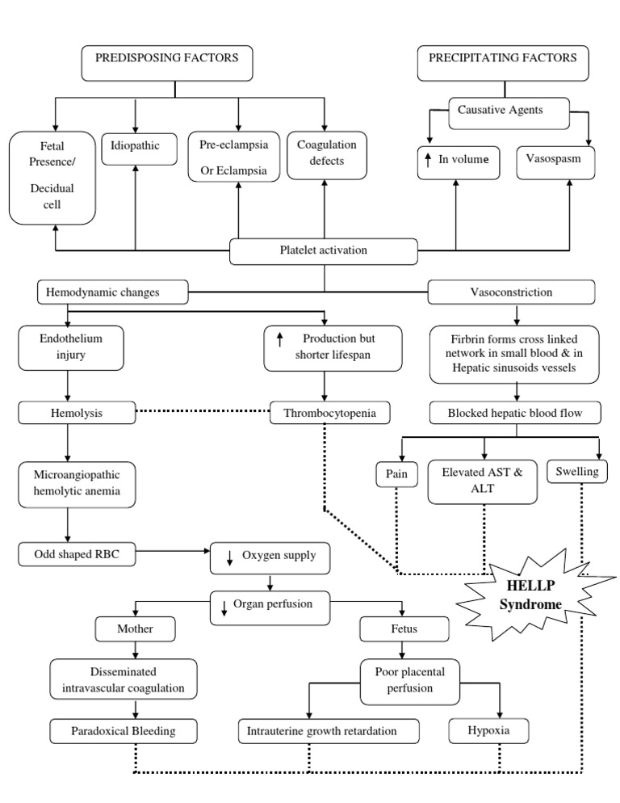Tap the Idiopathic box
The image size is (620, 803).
[136, 146]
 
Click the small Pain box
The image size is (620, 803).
[396, 473]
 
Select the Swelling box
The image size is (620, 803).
[578, 471]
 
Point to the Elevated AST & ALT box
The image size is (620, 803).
[484, 480]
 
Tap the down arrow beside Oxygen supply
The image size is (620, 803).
[229, 557]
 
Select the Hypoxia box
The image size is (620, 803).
[492, 732]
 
